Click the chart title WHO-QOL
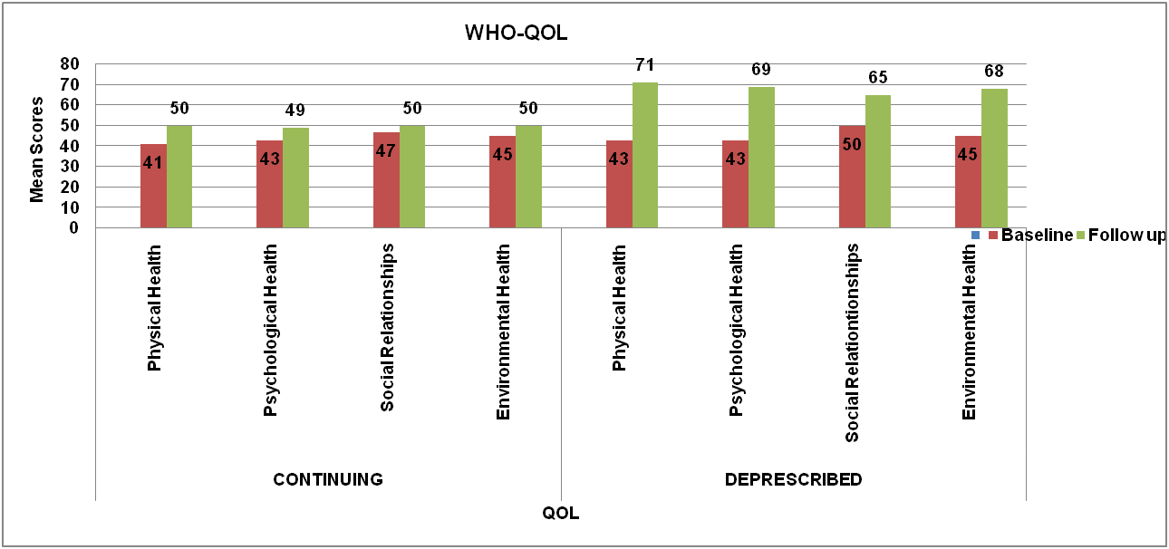coord(515,34)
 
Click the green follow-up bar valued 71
coord(645,155)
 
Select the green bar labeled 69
coord(761,157)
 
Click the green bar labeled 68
coord(994,159)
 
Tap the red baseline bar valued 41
coord(153,186)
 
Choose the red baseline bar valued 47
coord(386,180)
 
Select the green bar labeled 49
coord(295,178)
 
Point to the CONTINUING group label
coord(328,478)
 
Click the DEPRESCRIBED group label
coord(794,478)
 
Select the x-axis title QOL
coord(561,514)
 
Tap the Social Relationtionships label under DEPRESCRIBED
coord(853,343)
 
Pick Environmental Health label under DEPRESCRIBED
coord(969,332)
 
